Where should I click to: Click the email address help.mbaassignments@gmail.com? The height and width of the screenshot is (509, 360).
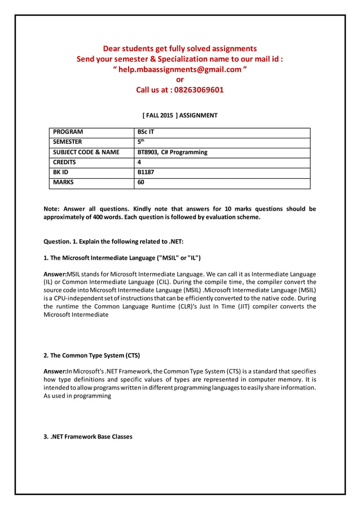(x=180, y=69)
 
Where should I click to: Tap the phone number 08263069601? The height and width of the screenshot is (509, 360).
(x=199, y=90)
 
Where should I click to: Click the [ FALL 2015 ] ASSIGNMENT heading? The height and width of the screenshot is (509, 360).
(x=179, y=115)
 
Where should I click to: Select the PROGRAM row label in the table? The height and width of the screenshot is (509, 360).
(x=68, y=132)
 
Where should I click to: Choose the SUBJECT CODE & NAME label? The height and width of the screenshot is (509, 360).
(x=86, y=152)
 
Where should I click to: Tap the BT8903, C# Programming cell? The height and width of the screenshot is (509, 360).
(x=172, y=152)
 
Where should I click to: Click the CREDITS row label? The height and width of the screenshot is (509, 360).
(x=64, y=163)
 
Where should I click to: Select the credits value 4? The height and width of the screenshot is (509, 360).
(x=139, y=163)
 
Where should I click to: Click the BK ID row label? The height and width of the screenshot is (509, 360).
(x=61, y=173)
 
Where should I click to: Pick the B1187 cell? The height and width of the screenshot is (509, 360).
(x=146, y=173)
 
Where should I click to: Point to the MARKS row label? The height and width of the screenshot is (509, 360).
(x=63, y=183)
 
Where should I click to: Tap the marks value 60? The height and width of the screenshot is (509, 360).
(x=141, y=183)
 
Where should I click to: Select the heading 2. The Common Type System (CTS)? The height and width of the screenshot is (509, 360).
(x=91, y=356)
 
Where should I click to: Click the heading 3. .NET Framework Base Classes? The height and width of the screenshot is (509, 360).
(x=88, y=436)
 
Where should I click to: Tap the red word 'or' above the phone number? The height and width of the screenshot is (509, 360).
(x=180, y=80)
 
